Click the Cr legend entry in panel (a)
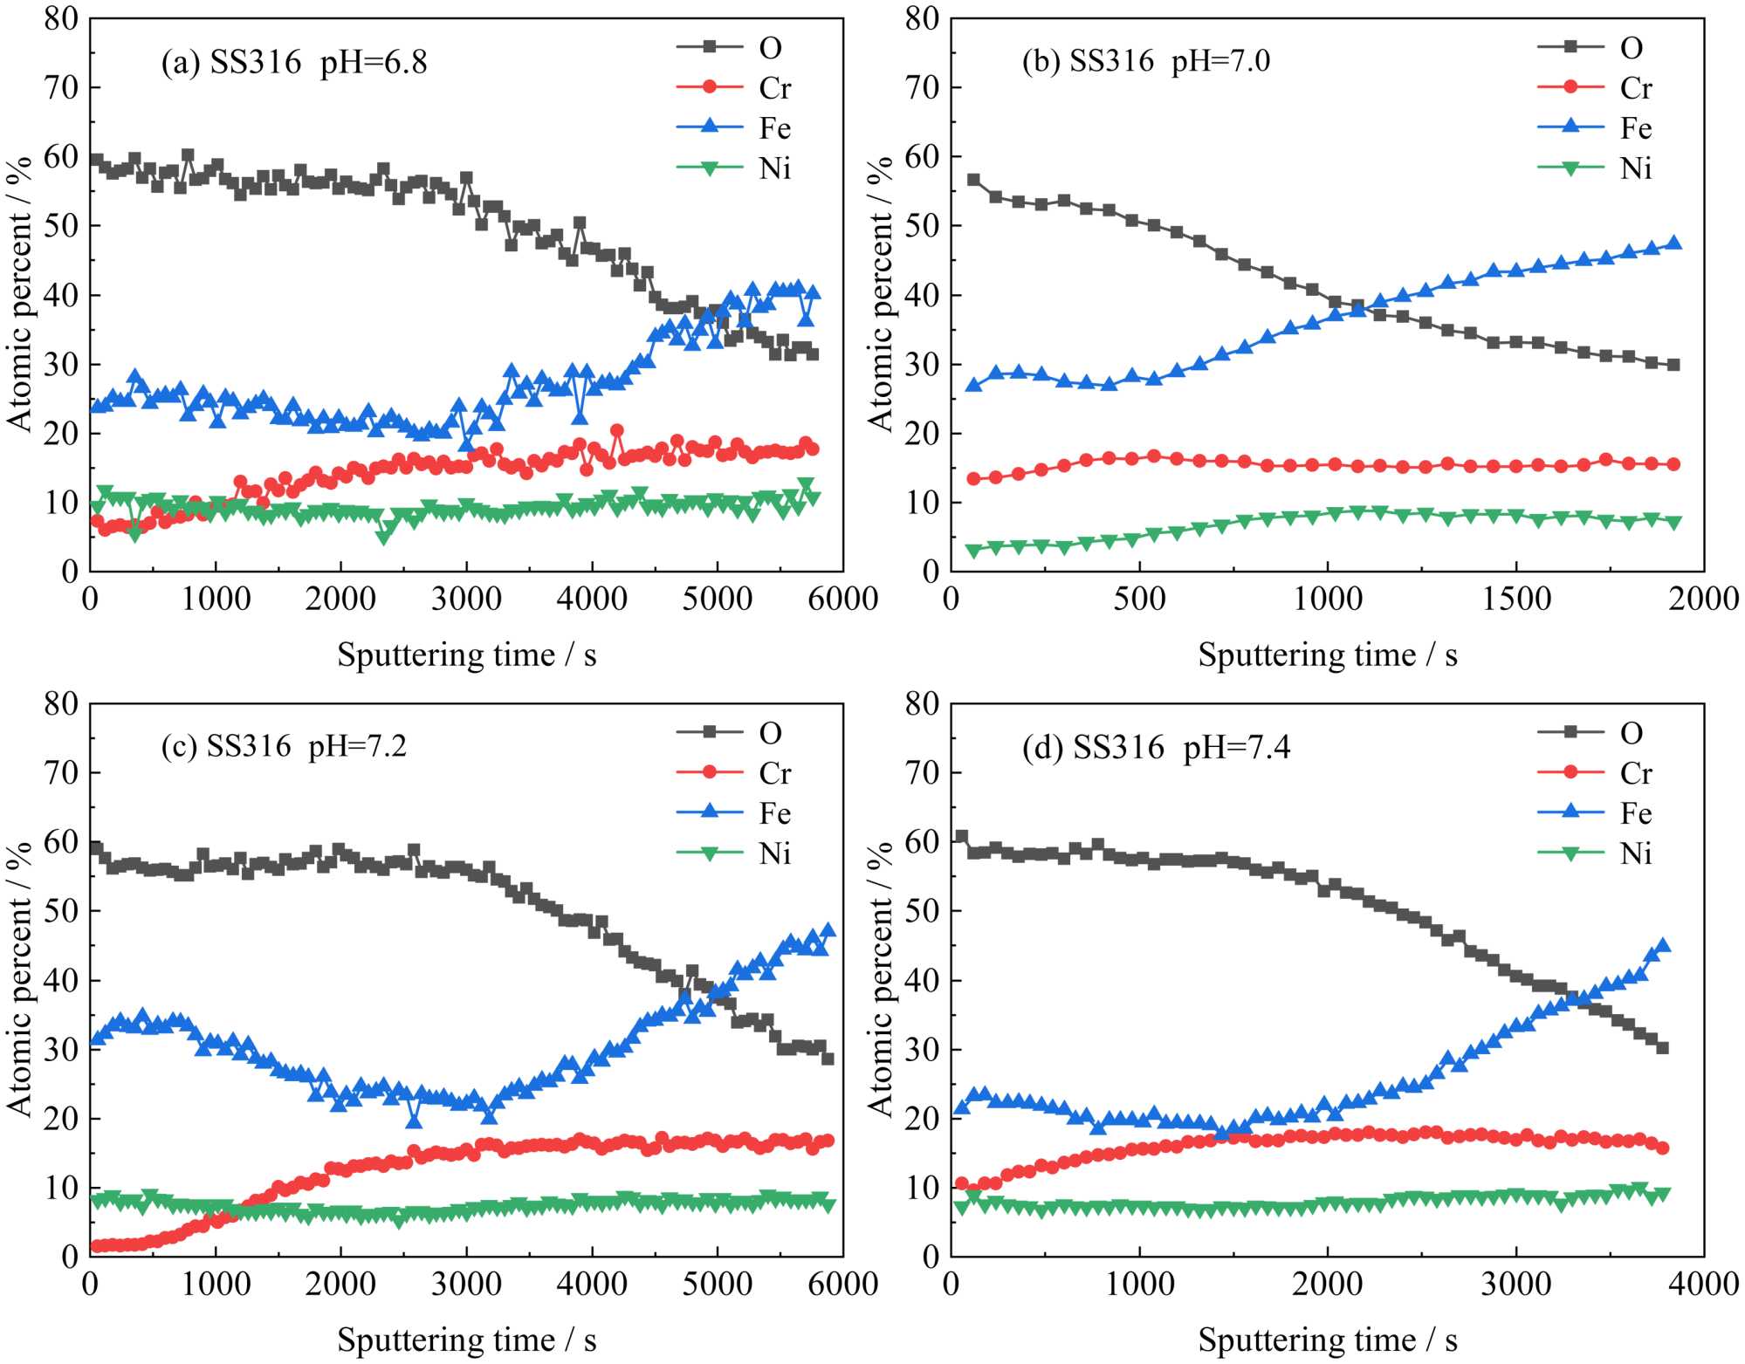pos(773,88)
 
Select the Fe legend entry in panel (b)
pos(1635,128)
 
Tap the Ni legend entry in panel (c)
pos(773,853)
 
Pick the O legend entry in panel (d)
pos(1631,733)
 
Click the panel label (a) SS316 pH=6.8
pos(294,63)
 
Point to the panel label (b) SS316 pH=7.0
pos(1145,61)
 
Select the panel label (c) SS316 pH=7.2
pos(284,747)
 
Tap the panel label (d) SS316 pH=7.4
pos(1156,748)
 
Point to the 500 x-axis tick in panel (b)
pos(1139,600)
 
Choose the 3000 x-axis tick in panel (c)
pos(466,1285)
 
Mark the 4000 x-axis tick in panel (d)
pos(1703,1285)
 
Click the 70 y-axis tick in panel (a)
pos(61,87)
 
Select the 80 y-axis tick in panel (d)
pos(922,703)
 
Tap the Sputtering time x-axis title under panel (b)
pos(1327,655)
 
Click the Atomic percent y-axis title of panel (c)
pos(19,979)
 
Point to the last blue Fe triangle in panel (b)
pos(1673,243)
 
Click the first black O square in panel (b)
pos(973,180)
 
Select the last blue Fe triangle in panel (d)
pos(1662,945)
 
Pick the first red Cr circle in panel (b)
pos(973,478)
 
